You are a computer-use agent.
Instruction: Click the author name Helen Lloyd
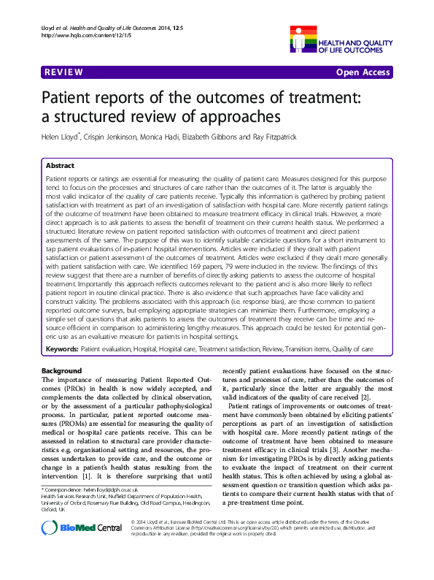point(60,137)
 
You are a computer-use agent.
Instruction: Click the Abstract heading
point(61,166)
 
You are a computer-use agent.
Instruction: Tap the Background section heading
point(63,371)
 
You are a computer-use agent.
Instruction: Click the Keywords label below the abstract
point(61,350)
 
